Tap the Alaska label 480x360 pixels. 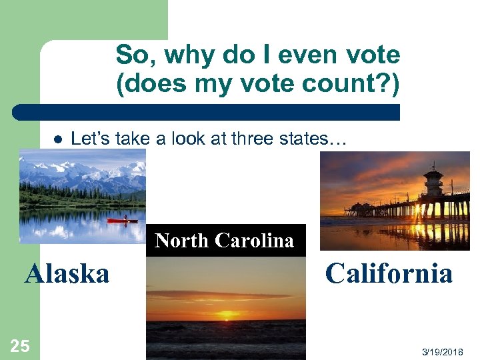pyautogui.click(x=67, y=273)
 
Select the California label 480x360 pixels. pyautogui.click(x=389, y=273)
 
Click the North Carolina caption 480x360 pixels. pyautogui.click(x=224, y=241)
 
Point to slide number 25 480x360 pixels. pyautogui.click(x=20, y=345)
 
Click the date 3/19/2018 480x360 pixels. pyautogui.click(x=451, y=351)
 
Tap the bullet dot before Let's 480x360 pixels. pyautogui.click(x=57, y=140)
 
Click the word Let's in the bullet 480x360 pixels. pyautogui.click(x=91, y=139)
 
